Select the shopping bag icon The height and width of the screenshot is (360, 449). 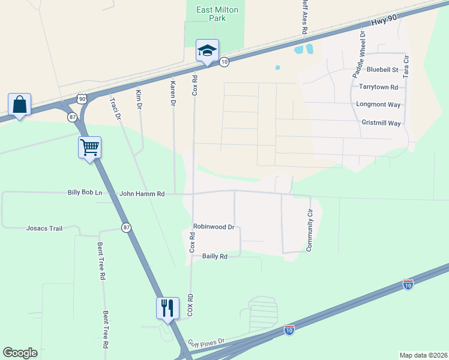(x=20, y=104)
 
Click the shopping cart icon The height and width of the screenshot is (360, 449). (x=89, y=146)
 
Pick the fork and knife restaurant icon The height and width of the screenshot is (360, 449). (x=167, y=308)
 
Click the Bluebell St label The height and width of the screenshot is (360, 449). (x=382, y=70)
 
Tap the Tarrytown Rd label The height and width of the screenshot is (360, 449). (x=378, y=87)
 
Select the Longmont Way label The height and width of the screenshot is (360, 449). (x=378, y=104)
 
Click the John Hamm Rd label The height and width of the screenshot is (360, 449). (x=142, y=194)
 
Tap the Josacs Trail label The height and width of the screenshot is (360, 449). (x=44, y=228)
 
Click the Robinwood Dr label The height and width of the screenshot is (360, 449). (x=213, y=227)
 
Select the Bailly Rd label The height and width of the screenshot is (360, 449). (x=215, y=256)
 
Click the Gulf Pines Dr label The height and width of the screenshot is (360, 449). (x=205, y=341)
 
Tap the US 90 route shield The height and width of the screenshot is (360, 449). (x=82, y=98)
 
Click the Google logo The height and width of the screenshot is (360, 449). (x=20, y=353)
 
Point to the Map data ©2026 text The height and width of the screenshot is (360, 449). (x=423, y=355)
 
